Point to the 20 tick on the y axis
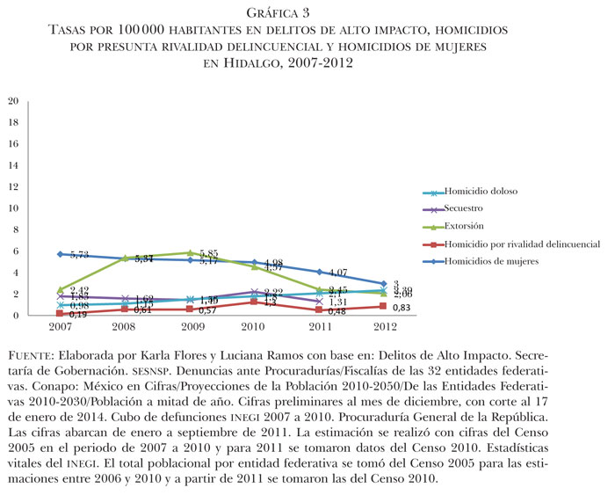12,101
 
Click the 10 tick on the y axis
12,208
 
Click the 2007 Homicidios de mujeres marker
60,254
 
